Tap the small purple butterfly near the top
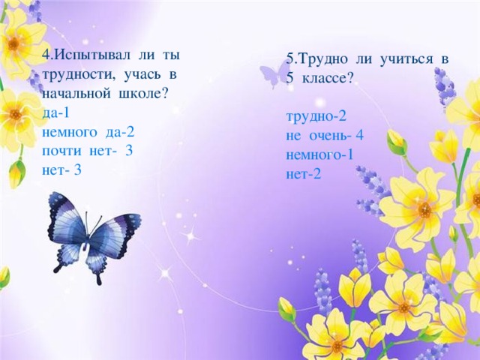pos(274,73)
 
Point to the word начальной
pos(73,94)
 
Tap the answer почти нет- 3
pos(88,150)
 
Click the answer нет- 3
pos(62,169)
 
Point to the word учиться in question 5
pos(402,58)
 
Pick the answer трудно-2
pos(316,117)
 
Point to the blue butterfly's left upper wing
pos(65,214)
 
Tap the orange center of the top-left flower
pos(14,43)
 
